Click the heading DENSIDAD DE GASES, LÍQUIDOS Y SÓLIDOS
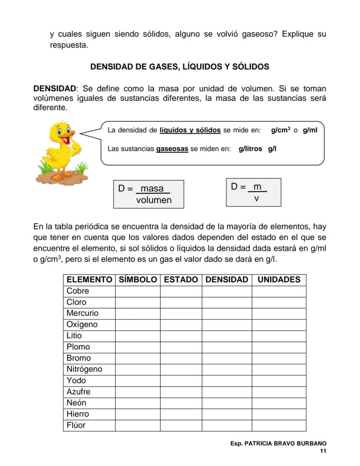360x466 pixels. point(180,67)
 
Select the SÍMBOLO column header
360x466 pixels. point(137,280)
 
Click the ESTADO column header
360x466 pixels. point(180,280)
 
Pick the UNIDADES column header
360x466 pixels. point(279,280)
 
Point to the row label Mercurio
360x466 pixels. point(83,313)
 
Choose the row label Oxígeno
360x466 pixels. point(82,325)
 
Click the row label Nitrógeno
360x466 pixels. point(84,369)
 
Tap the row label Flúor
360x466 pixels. point(76,426)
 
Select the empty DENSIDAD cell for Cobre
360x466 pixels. point(227,291)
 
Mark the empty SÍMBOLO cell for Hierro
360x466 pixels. point(137,414)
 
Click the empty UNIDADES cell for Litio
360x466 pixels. point(279,336)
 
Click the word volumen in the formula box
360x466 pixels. point(154,200)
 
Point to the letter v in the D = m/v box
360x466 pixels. point(257,198)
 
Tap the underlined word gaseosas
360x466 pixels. point(172,149)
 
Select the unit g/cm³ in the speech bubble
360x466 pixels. point(281,130)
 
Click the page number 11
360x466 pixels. point(323,451)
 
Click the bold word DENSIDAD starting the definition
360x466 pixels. point(55,88)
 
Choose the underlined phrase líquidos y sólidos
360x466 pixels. point(190,130)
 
